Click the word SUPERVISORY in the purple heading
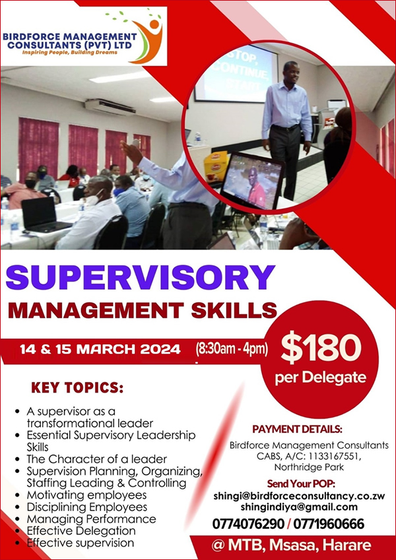[140, 278]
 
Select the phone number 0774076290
[248, 524]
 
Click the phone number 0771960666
[329, 524]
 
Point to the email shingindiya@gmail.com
[299, 507]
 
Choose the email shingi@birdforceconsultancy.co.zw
[299, 496]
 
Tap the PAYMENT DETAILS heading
[298, 429]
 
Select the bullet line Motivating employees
[86, 495]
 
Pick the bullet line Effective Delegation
[81, 531]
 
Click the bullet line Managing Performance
[91, 519]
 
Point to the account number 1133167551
[334, 456]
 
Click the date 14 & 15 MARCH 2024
[100, 349]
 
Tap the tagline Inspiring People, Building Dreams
[70, 53]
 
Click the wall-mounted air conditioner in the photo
[110, 107]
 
